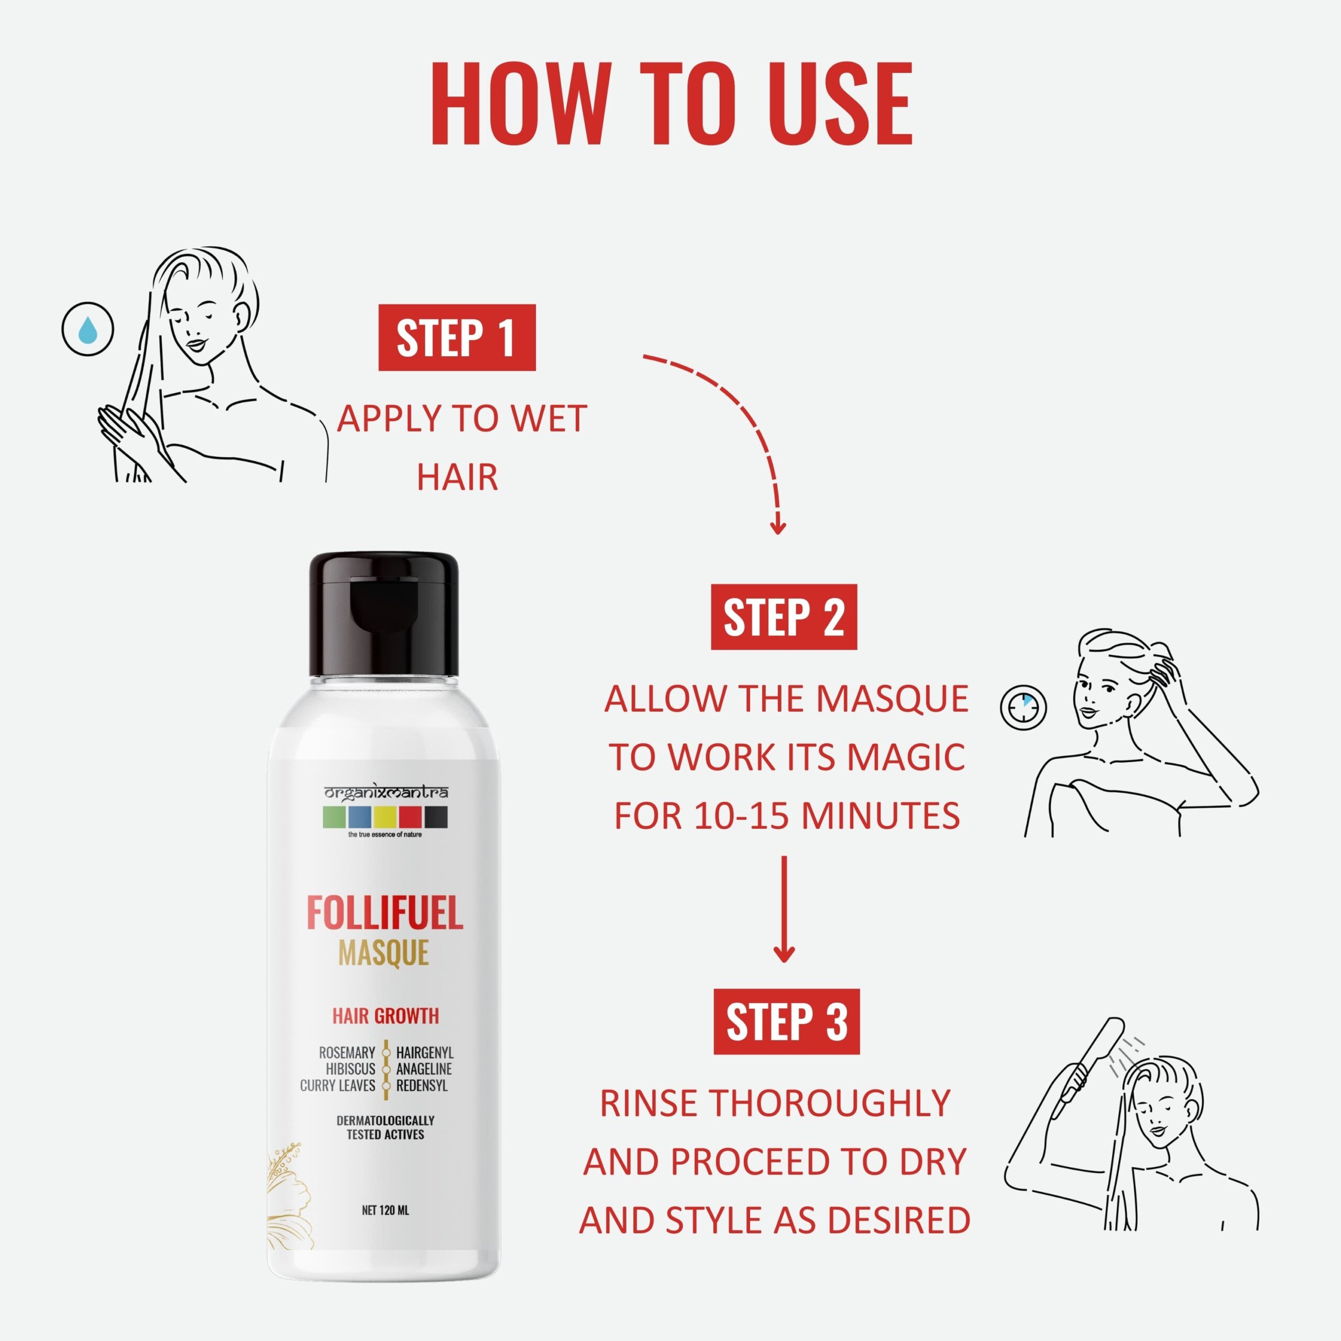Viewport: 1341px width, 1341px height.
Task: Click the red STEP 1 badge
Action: pyautogui.click(x=457, y=337)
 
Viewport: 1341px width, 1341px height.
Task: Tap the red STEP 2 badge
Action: pyautogui.click(x=784, y=617)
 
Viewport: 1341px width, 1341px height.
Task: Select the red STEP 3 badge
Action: pyautogui.click(x=786, y=1021)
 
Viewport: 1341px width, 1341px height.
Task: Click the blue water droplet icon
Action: pyautogui.click(x=87, y=329)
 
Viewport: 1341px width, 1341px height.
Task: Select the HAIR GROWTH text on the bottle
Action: pyautogui.click(x=385, y=1016)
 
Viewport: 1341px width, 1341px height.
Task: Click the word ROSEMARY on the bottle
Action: pyautogui.click(x=347, y=1053)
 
